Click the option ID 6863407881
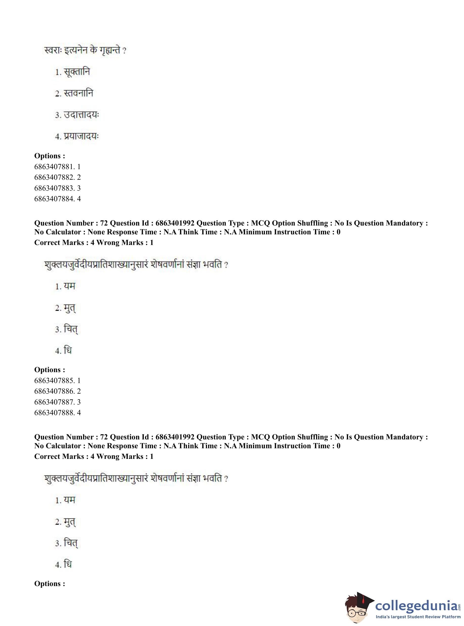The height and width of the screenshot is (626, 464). pos(57,167)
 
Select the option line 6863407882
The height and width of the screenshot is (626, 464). pos(57,177)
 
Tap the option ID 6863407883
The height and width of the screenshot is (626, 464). pos(57,188)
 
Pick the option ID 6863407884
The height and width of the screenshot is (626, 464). pos(57,199)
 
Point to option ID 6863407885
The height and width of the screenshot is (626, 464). pos(57,381)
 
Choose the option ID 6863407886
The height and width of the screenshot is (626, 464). pos(57,391)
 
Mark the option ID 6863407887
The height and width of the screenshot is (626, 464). pos(57,402)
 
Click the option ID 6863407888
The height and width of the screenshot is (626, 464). pos(57,412)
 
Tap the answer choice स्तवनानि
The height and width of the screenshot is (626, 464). pos(78,93)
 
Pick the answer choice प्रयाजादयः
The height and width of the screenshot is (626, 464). pos(81,136)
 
